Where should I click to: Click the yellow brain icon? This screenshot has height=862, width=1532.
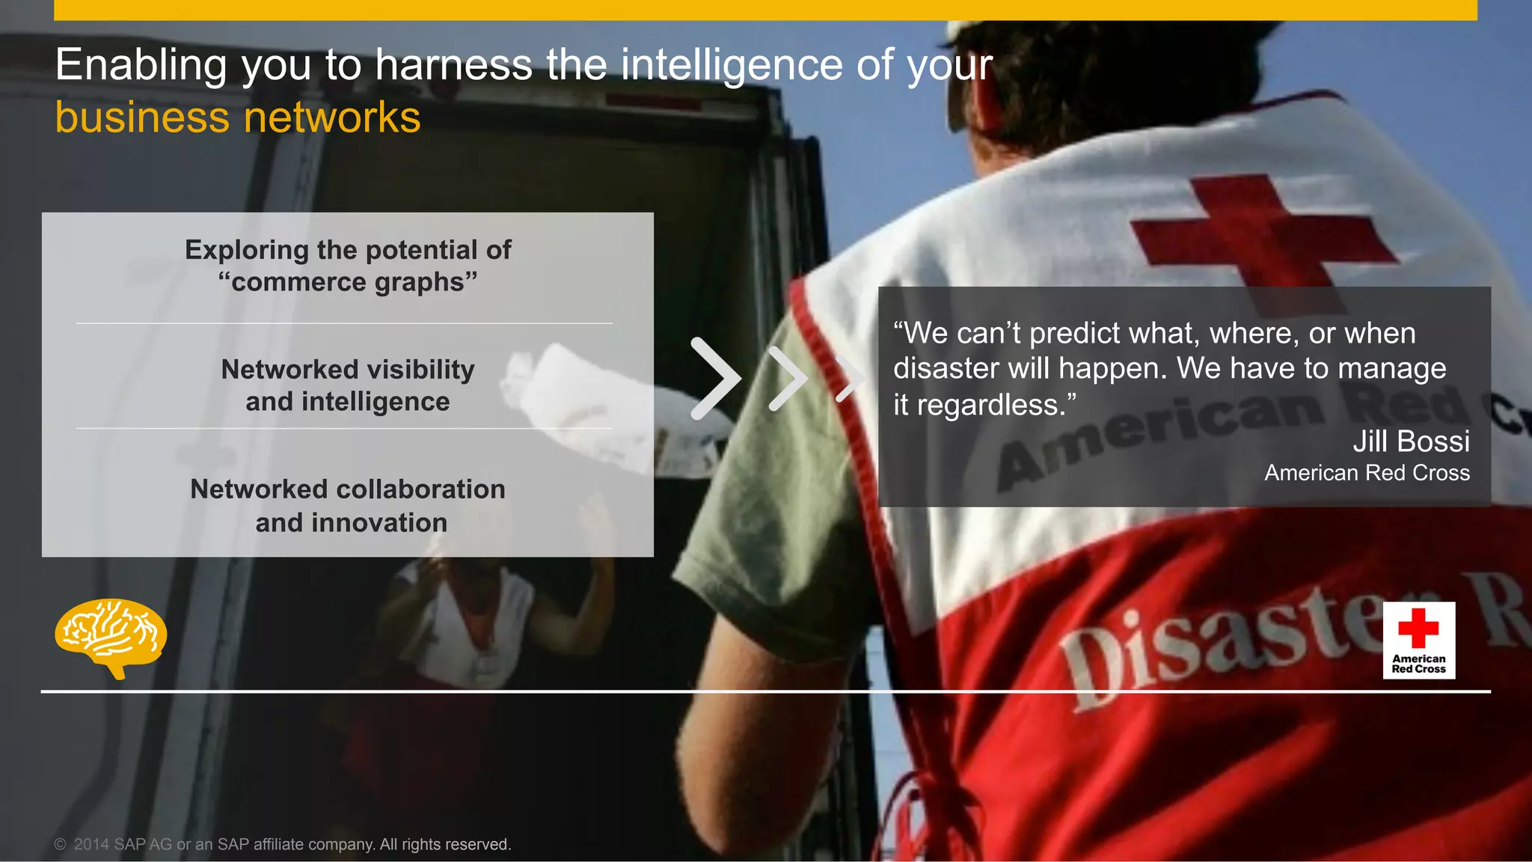click(111, 636)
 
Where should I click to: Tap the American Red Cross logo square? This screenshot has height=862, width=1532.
click(1418, 640)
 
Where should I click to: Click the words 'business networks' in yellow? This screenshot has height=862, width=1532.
click(238, 117)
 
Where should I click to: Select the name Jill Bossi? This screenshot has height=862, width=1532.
click(1411, 441)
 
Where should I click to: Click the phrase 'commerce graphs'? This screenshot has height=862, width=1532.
click(348, 282)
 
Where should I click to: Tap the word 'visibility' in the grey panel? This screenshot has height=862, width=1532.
click(420, 369)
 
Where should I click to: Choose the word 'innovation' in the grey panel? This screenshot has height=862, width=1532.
click(379, 522)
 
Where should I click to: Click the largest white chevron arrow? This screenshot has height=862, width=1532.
click(714, 378)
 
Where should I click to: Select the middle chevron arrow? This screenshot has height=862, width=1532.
click(788, 378)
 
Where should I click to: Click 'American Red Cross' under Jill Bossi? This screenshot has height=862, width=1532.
click(1367, 473)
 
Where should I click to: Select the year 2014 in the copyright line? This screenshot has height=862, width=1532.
click(91, 844)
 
